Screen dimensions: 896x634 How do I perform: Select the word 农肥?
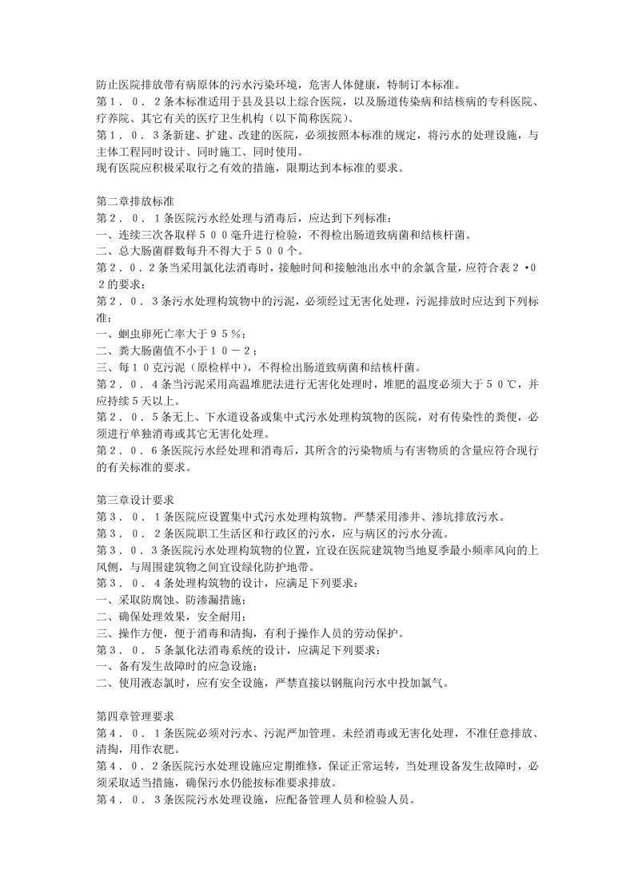160,750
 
